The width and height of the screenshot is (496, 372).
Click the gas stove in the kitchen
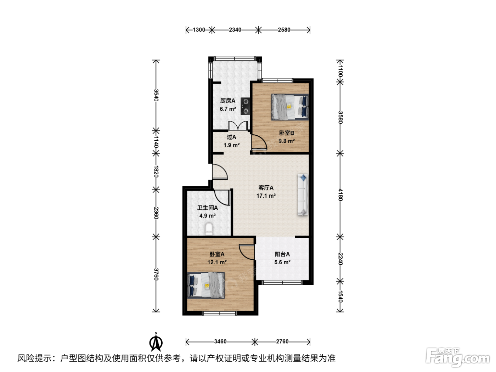(245, 106)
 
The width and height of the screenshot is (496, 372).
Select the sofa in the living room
(303, 195)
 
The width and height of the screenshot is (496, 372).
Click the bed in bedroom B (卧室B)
(290, 107)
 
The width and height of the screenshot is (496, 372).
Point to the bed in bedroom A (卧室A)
(206, 285)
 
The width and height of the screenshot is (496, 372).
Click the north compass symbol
(156, 342)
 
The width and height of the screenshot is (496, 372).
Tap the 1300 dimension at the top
(199, 30)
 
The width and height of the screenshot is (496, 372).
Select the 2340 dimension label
(235, 30)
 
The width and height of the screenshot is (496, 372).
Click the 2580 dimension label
(284, 30)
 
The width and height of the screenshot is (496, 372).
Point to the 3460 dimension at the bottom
(220, 341)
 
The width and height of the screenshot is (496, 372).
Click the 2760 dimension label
(282, 341)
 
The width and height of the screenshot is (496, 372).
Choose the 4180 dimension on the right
(340, 195)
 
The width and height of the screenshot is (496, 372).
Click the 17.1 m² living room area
(266, 196)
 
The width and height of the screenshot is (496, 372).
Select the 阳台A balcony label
(282, 254)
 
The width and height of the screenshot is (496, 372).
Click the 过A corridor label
(231, 137)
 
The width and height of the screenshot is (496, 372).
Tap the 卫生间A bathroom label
(208, 208)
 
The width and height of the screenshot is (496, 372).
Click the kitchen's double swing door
(238, 126)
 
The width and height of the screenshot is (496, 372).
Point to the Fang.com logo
(458, 357)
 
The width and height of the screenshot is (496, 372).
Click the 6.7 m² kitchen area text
(228, 109)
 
